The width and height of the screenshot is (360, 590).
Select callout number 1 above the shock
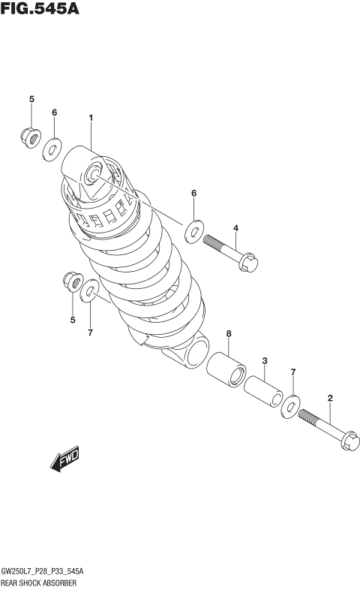[90, 118]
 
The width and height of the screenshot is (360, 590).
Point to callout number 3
[265, 361]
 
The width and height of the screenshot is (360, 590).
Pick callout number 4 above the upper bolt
[235, 228]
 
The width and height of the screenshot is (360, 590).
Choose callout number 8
[229, 333]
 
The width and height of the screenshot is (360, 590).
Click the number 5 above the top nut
[31, 99]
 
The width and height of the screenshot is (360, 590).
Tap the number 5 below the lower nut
[73, 321]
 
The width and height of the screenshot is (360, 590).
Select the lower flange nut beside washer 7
[72, 281]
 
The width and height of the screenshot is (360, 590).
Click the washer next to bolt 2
[290, 406]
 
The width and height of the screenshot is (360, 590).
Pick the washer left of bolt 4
[193, 230]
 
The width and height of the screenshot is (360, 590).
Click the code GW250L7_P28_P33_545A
[42, 571]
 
